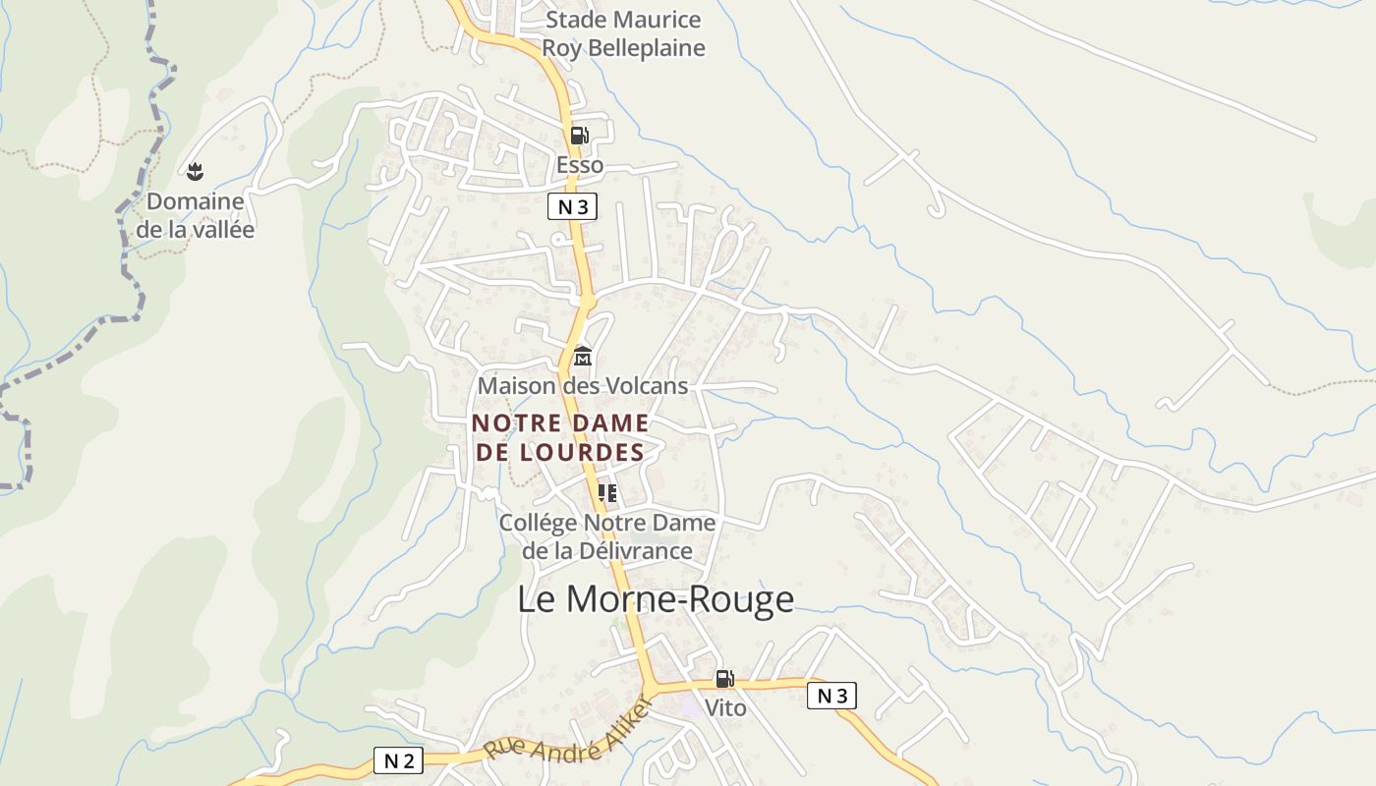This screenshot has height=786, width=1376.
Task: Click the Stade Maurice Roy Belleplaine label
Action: [x=624, y=33]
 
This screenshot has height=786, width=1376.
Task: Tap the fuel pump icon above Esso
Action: [x=580, y=136]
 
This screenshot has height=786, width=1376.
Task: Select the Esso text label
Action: [x=580, y=165]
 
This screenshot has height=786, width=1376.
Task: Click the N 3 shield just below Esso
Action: [x=572, y=206]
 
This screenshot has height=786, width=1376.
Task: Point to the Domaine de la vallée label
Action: [x=195, y=215]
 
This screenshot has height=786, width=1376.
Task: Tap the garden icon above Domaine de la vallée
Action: [x=195, y=172]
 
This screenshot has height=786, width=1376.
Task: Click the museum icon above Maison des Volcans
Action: [x=583, y=356]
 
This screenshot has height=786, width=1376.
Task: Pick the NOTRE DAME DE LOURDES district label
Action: [x=560, y=437]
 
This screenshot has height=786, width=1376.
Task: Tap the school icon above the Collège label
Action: [x=607, y=492]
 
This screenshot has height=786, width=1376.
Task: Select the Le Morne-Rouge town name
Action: [x=656, y=599]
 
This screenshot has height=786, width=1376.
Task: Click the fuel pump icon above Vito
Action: [x=724, y=678]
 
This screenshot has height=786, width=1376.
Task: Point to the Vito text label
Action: [x=725, y=708]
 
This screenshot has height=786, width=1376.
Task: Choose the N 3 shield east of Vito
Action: [x=831, y=696]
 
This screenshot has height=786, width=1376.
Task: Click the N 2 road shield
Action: [x=398, y=759]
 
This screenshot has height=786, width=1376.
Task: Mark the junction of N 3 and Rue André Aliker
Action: [x=652, y=687]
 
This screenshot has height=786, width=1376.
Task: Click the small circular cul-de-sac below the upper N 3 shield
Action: [x=557, y=239]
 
